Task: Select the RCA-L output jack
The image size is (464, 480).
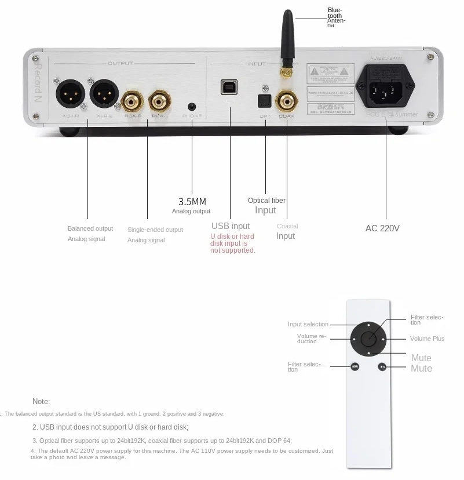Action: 159,103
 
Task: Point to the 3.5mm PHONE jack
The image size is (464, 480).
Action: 192,107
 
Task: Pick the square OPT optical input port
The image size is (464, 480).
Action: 265,101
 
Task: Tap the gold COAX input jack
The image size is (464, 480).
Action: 286,103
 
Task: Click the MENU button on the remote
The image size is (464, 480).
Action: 355,366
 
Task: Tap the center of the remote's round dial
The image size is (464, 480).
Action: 368,339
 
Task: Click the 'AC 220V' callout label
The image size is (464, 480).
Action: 382,228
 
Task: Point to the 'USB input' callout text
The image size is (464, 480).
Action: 231,226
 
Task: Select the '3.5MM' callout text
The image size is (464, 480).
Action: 192,202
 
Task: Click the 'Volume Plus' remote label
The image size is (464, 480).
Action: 427,339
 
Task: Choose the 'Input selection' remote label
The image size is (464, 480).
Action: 308,324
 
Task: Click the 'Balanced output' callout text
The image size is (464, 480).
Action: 90,228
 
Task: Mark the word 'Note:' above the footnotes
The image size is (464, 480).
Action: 41,401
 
